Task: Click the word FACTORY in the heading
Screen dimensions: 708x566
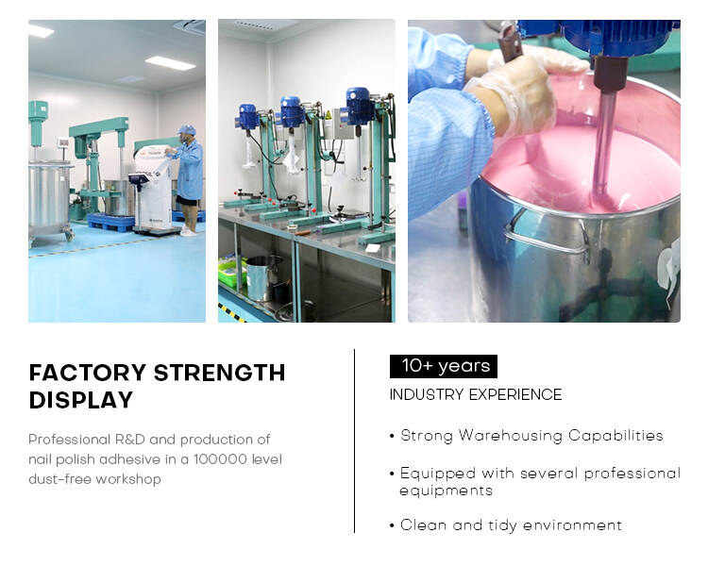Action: pyautogui.click(x=88, y=373)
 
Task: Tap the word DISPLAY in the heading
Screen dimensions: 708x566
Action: pyautogui.click(x=81, y=400)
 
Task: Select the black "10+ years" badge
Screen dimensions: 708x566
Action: pyautogui.click(x=444, y=366)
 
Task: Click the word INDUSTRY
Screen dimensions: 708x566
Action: pyautogui.click(x=427, y=394)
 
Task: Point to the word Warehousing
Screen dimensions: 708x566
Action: pyautogui.click(x=510, y=436)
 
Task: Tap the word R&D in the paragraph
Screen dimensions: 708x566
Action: pyautogui.click(x=129, y=440)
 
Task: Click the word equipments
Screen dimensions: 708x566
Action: pyautogui.click(x=446, y=491)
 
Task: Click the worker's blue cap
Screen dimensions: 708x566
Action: pyautogui.click(x=187, y=130)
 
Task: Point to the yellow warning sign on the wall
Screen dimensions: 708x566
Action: pyautogui.click(x=329, y=115)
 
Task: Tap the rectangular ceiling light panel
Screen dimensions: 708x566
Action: pyautogui.click(x=170, y=63)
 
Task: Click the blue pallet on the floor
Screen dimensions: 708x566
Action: pyautogui.click(x=111, y=222)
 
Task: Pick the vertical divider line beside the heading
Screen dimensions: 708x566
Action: pyautogui.click(x=354, y=441)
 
